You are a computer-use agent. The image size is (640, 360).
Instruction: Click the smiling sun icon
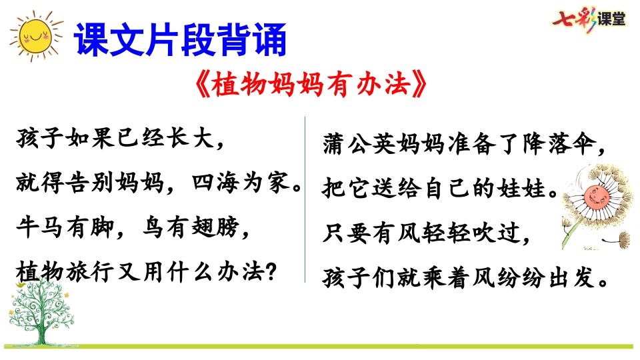point(33,36)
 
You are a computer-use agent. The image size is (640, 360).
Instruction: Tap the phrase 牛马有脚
point(59,227)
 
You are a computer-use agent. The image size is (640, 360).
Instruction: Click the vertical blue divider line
point(305,200)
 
